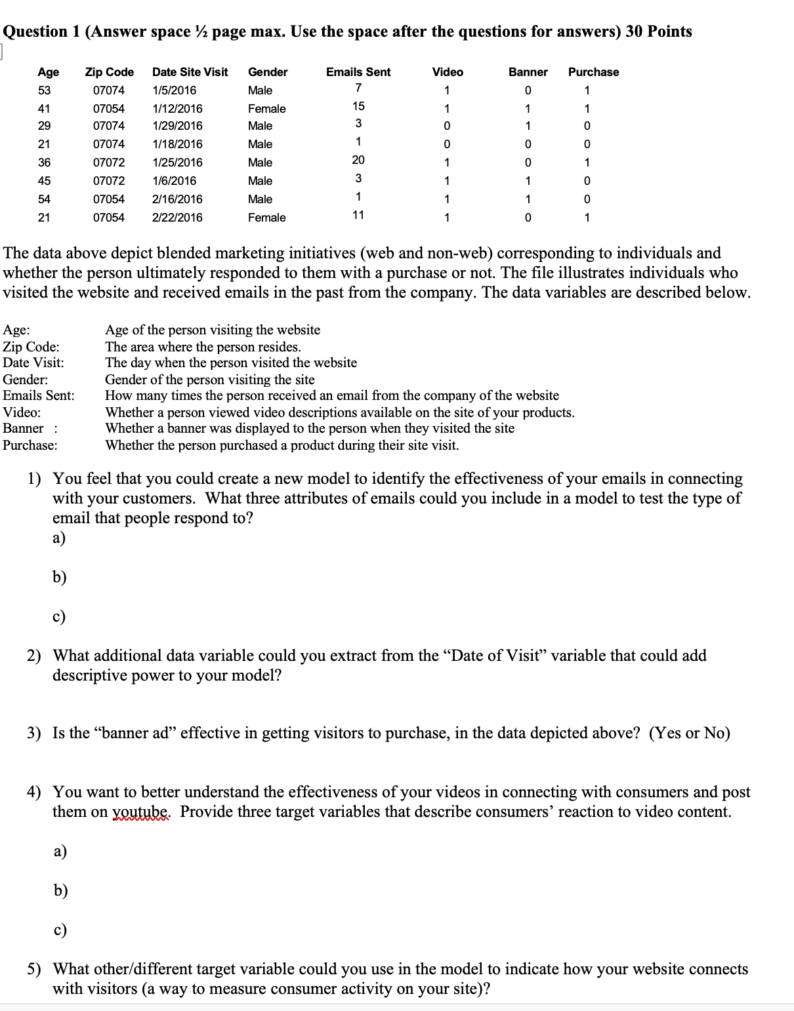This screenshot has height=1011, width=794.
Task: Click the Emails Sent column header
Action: [x=358, y=72]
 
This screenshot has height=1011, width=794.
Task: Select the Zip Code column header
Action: [x=110, y=72]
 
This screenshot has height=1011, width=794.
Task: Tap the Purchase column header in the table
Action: [x=593, y=72]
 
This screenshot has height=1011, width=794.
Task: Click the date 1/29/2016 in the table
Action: [x=177, y=126]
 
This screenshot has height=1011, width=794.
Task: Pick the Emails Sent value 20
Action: [x=358, y=160]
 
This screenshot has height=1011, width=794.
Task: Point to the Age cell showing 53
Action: [x=44, y=90]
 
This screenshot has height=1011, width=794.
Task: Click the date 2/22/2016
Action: [x=177, y=218]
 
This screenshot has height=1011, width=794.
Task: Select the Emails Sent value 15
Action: [x=358, y=106]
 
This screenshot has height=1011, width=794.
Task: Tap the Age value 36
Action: [x=44, y=163]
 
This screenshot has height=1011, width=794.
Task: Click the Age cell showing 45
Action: [x=44, y=181]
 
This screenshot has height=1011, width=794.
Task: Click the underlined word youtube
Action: [x=141, y=812]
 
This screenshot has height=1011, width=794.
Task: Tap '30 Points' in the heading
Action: [x=658, y=31]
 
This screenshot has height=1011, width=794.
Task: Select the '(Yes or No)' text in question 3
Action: [x=689, y=733]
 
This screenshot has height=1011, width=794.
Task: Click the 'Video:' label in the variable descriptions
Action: [x=22, y=412]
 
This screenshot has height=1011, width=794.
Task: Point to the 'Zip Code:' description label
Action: [x=31, y=347]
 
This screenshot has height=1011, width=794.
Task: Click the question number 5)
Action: [x=34, y=969]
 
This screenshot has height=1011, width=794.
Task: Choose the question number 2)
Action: [x=34, y=656]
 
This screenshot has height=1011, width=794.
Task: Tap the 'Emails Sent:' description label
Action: [x=39, y=395]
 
